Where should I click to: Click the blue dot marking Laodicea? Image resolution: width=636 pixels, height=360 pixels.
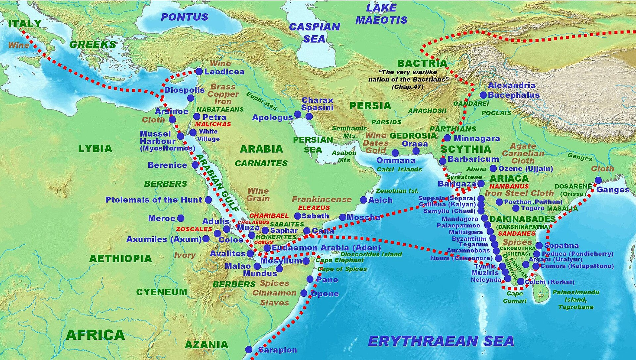199,71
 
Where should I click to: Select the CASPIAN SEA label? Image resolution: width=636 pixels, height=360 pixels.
314,32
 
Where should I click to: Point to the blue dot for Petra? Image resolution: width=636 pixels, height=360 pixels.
197,116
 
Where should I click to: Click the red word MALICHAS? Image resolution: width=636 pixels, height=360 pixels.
213,124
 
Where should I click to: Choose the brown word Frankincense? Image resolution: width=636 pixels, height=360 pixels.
321,199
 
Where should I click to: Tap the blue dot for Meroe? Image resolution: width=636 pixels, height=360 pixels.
181,218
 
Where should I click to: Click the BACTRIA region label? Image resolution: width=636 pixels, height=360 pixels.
422,63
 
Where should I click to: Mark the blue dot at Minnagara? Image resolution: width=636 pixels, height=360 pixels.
447,138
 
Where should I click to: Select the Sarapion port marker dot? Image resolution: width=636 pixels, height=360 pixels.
249,349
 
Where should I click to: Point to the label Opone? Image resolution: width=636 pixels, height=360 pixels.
325,293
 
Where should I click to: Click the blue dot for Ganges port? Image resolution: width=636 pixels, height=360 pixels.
598,180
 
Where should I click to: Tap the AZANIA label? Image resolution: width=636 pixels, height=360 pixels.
206,344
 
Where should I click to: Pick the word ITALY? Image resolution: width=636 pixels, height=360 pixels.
25,24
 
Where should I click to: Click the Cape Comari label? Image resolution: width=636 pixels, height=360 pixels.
514,297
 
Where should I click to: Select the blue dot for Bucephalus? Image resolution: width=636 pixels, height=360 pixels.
483,95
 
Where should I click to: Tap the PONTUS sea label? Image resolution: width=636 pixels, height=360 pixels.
184,17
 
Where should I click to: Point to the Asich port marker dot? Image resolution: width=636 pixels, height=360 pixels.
363,200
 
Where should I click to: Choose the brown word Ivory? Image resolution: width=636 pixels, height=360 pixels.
185,255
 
